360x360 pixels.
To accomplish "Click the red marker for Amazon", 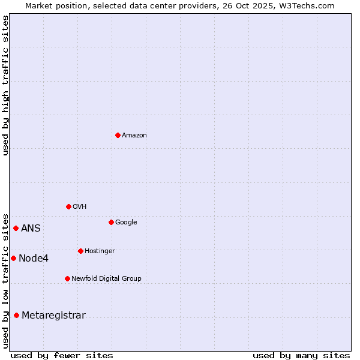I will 118,135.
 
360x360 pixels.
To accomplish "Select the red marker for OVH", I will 68,206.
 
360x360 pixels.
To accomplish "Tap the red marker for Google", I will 111,222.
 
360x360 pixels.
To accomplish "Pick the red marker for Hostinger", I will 80,251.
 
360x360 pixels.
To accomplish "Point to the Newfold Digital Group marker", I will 67,278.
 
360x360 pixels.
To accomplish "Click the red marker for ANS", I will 16,228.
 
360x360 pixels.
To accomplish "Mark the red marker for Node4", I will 13,258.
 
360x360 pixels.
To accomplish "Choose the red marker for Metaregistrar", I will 16,315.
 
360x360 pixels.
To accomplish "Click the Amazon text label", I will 134,136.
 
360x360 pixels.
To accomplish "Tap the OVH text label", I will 80,207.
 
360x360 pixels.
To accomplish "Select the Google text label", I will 126,223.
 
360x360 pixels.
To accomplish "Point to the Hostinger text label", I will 100,251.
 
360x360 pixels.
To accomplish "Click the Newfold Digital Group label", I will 106,279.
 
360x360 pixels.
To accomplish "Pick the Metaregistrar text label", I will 53,316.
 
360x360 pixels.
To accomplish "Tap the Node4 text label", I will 34,259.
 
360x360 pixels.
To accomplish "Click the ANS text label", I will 31,229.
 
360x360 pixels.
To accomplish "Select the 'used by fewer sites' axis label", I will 62,355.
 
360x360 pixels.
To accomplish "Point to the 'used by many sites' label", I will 301,355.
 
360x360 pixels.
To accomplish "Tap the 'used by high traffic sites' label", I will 6,85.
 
